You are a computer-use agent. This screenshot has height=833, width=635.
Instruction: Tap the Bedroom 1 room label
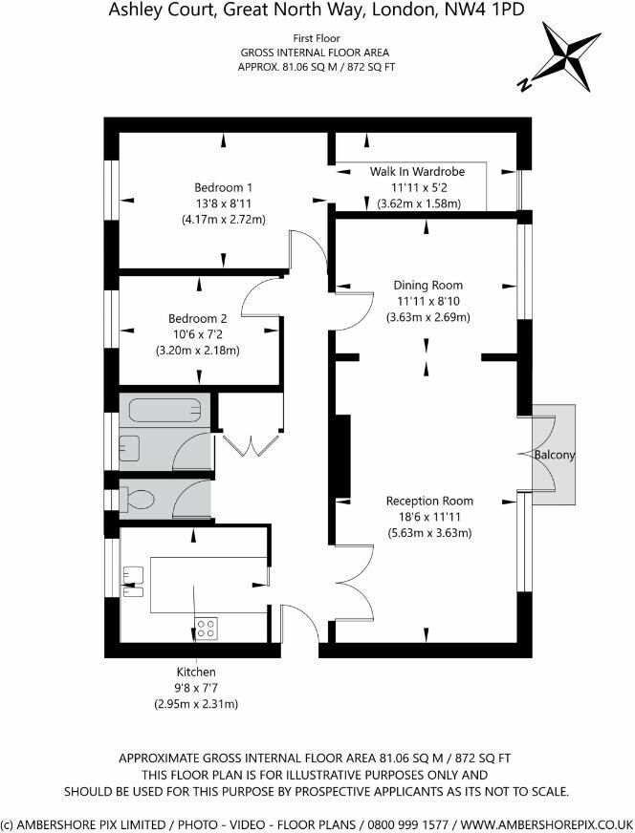(x=223, y=186)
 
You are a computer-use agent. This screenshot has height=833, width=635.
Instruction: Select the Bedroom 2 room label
(x=197, y=318)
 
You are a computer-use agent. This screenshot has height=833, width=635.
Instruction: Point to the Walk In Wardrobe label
(x=417, y=171)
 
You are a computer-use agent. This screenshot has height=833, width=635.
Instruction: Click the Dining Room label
(x=428, y=285)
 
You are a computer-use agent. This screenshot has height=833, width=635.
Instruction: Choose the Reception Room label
(x=428, y=501)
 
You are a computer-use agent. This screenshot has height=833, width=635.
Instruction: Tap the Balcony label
(x=555, y=456)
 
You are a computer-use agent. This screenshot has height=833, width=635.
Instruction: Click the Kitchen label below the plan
(x=196, y=673)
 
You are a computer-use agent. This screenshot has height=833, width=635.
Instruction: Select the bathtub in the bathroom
(x=166, y=411)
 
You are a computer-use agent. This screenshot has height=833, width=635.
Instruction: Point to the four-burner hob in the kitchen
(x=206, y=628)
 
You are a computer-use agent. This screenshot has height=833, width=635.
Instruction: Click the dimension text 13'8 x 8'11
(x=223, y=203)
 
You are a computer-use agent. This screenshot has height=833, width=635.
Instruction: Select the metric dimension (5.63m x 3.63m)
(x=428, y=533)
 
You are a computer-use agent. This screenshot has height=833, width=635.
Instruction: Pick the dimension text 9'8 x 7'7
(x=196, y=688)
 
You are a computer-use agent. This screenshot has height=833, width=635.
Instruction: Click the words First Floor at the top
(x=317, y=38)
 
